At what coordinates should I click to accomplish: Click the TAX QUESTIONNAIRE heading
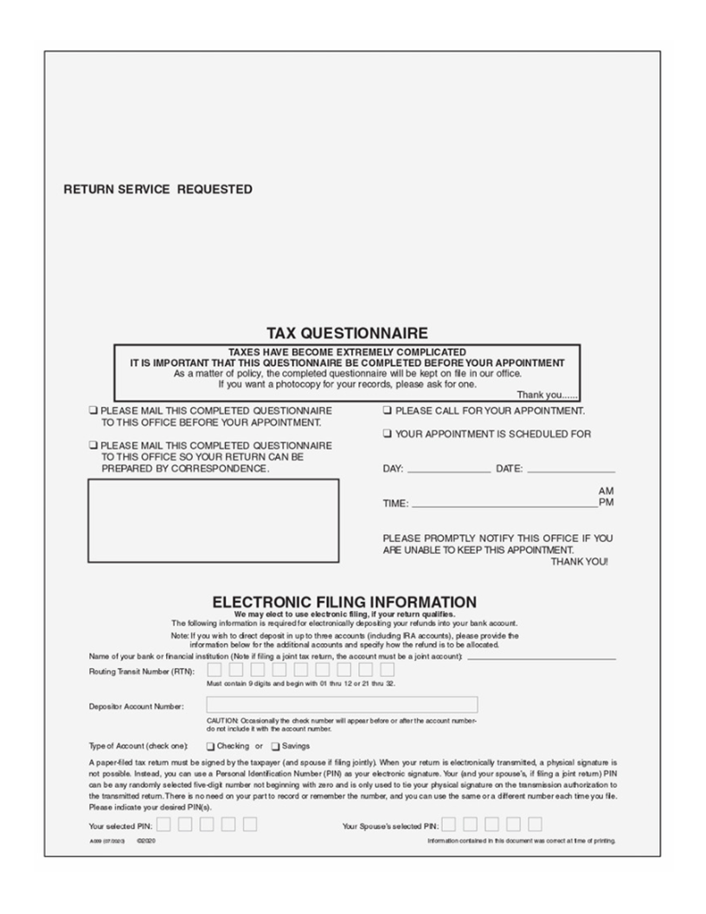coord(346,333)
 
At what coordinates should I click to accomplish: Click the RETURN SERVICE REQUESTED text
coord(157,190)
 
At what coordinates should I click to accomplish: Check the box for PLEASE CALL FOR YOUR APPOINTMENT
coord(388,410)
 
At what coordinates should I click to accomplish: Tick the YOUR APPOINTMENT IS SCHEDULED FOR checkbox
coord(388,434)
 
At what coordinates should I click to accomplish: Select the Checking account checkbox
coord(210,745)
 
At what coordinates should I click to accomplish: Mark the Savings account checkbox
coord(275,745)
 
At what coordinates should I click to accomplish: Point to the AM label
coord(606,491)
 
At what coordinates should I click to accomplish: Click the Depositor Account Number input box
coord(342,705)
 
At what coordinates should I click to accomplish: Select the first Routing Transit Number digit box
coord(214,669)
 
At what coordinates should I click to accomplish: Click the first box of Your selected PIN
coord(164,824)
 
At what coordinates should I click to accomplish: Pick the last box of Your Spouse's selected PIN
coord(536,824)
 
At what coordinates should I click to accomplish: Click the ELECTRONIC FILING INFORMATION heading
coord(344,602)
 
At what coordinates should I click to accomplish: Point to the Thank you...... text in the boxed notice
coord(548,395)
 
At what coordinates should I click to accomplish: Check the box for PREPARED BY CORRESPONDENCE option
coord(93,445)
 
